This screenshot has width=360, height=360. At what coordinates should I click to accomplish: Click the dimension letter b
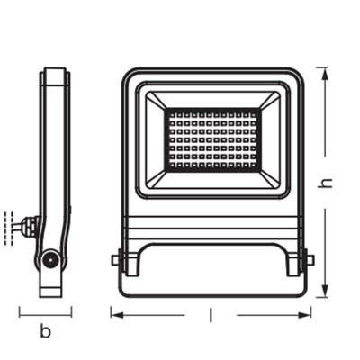45,332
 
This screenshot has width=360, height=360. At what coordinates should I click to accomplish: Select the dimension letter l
210,314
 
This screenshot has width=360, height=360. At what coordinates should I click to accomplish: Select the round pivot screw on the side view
50,260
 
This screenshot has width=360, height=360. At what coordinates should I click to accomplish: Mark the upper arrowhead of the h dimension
327,71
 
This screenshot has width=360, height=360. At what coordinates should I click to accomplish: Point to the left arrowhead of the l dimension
114,313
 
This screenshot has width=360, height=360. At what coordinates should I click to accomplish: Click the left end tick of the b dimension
20,313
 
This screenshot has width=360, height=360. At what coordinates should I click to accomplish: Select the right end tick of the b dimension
71,313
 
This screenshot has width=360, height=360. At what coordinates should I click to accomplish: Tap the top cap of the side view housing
55,71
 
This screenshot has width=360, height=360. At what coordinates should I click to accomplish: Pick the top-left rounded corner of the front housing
128,75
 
